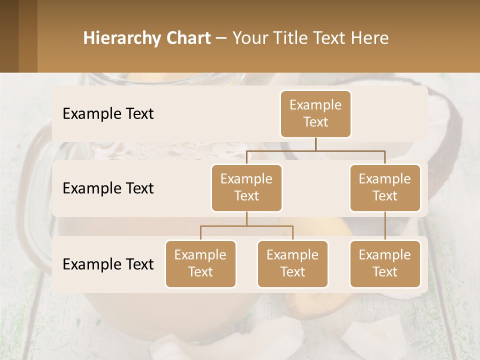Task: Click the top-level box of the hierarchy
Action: pyautogui.click(x=315, y=114)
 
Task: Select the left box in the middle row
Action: pyautogui.click(x=246, y=188)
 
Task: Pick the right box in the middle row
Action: pyautogui.click(x=385, y=188)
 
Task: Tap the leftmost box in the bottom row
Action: pyautogui.click(x=200, y=264)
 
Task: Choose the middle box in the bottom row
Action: pyautogui.click(x=292, y=264)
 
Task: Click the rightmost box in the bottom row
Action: pyautogui.click(x=385, y=264)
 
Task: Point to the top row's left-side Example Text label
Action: pyautogui.click(x=108, y=114)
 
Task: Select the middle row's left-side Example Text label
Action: pyautogui.click(x=108, y=188)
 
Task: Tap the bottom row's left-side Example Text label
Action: pyautogui.click(x=108, y=264)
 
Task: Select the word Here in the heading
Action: pyautogui.click(x=369, y=38)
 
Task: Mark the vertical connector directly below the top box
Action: pyautogui.click(x=315, y=144)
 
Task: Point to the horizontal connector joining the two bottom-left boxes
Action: pyautogui.click(x=246, y=226)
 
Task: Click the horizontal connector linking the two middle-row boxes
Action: pyautogui.click(x=315, y=150)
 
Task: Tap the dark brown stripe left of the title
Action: pyautogui.click(x=9, y=36)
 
